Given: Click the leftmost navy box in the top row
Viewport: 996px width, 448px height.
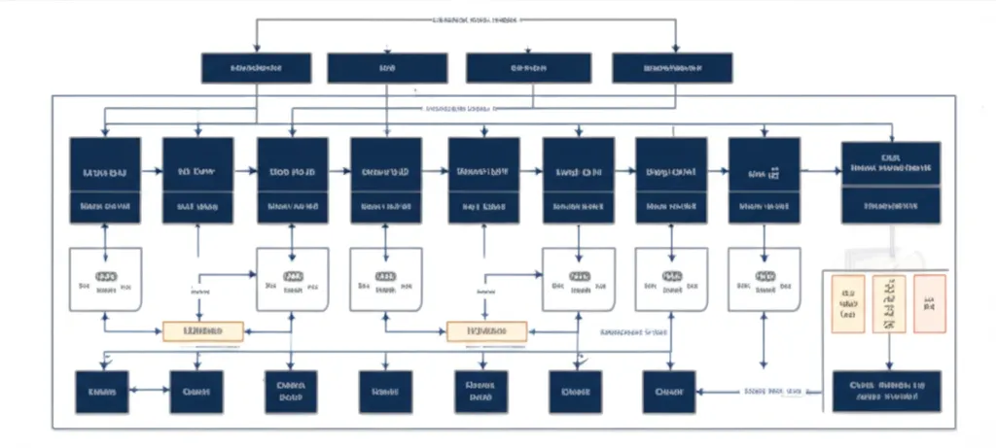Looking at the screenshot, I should (x=256, y=68).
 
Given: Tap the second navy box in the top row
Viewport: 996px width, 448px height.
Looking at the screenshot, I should (x=387, y=68).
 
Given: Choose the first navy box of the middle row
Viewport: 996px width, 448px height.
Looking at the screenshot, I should (x=106, y=180).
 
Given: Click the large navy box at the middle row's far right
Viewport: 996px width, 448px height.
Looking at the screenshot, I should (x=890, y=181).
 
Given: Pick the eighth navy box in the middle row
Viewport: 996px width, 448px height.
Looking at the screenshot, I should (x=764, y=180).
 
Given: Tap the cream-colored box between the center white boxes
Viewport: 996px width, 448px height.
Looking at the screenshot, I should (x=486, y=331).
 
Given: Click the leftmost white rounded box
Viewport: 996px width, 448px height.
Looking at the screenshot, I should (x=106, y=279).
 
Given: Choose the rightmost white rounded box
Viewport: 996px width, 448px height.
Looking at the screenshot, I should (x=764, y=279).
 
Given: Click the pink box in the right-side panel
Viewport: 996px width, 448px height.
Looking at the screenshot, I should (x=929, y=303).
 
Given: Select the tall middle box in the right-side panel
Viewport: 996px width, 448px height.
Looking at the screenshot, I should (x=888, y=303).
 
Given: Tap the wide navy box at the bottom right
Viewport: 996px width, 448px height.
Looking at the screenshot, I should (x=886, y=392).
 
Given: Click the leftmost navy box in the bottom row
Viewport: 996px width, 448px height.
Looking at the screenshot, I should (x=102, y=392).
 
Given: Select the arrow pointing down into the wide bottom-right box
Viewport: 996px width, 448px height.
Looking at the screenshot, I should (x=887, y=352).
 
